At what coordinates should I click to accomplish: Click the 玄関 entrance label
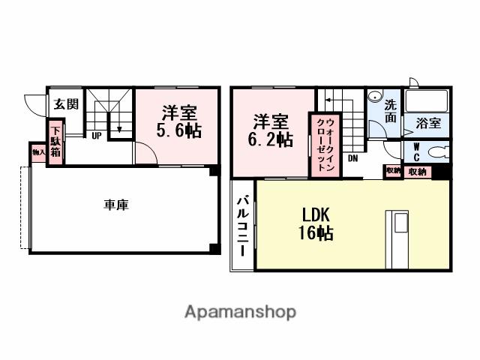tap(64, 104)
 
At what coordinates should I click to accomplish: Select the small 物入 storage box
tap(37, 152)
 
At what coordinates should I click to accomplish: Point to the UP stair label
tap(97, 136)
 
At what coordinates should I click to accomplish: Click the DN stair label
tap(352, 159)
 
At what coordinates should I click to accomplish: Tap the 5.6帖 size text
tap(178, 130)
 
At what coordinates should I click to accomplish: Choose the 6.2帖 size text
tap(271, 139)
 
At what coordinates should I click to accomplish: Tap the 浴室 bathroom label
tap(428, 123)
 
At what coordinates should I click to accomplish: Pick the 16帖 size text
tap(315, 232)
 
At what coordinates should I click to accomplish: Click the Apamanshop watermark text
tap(240, 312)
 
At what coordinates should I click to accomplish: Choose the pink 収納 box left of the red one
tap(393, 171)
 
